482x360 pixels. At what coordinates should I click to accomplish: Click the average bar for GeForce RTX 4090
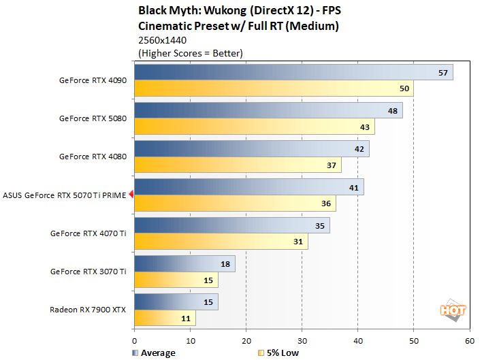(293, 72)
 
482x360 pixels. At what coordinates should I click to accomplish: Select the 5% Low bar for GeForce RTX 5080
(254, 127)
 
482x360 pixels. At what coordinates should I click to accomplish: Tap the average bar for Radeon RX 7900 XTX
(176, 301)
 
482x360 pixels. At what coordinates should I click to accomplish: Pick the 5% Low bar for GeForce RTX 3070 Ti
(176, 280)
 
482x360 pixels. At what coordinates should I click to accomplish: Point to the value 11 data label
(184, 318)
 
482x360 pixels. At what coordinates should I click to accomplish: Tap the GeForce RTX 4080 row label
(93, 157)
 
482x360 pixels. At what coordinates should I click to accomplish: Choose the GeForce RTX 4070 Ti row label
(88, 233)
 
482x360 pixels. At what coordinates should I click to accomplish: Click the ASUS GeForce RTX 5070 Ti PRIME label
(64, 195)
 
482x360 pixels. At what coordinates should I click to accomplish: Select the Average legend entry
(153, 353)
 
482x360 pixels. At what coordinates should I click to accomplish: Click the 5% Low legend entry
(278, 353)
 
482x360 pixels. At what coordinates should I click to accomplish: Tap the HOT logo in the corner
(453, 310)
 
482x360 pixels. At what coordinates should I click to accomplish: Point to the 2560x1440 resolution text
(161, 41)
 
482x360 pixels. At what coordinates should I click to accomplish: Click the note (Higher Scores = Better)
(190, 53)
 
